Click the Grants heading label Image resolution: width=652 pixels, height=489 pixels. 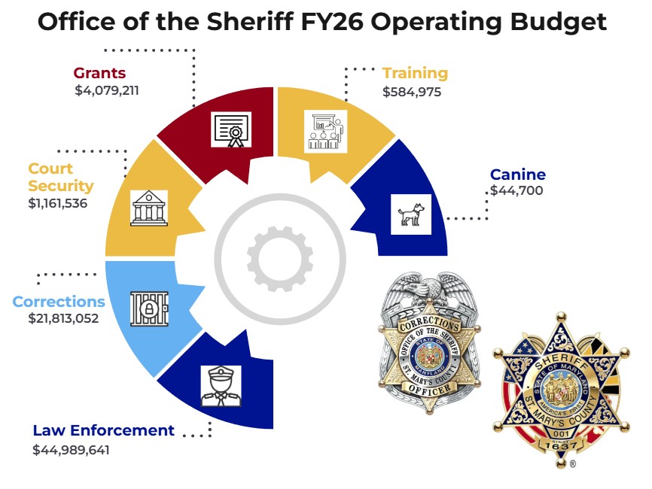[x=99, y=74]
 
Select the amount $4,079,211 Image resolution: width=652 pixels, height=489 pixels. [x=107, y=91]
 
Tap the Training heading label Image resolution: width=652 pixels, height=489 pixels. [x=415, y=74]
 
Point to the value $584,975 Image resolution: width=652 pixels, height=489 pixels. [x=412, y=92]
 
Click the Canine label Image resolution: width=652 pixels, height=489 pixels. [x=518, y=175]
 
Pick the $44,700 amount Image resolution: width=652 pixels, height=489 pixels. [x=516, y=191]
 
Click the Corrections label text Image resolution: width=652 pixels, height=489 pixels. [x=59, y=302]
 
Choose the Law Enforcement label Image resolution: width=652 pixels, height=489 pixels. [x=103, y=431]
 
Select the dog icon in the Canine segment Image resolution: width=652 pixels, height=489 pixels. [x=411, y=214]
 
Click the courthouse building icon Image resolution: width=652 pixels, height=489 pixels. [x=149, y=208]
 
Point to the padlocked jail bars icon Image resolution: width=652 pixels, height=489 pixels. [x=149, y=308]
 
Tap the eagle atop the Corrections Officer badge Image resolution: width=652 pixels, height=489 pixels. [x=426, y=292]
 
